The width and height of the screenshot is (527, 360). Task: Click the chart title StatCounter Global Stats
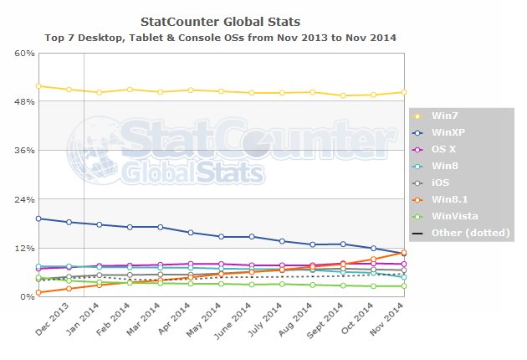(x=221, y=20)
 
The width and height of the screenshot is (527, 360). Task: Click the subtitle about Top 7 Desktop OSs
(x=221, y=38)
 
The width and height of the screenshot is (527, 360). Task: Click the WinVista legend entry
(x=451, y=215)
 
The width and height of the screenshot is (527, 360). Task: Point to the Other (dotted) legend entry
(x=461, y=232)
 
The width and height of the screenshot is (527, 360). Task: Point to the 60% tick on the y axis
(x=24, y=53)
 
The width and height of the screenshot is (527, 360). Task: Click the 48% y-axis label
(x=24, y=101)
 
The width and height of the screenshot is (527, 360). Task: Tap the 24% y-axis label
(x=24, y=199)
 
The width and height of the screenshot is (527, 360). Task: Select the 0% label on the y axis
(x=28, y=297)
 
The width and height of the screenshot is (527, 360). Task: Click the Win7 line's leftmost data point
(x=38, y=86)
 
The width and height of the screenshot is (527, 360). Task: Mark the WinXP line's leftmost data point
(x=38, y=219)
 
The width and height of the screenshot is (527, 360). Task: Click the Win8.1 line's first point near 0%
(x=38, y=292)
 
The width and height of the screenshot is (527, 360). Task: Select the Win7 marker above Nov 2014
(x=403, y=92)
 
